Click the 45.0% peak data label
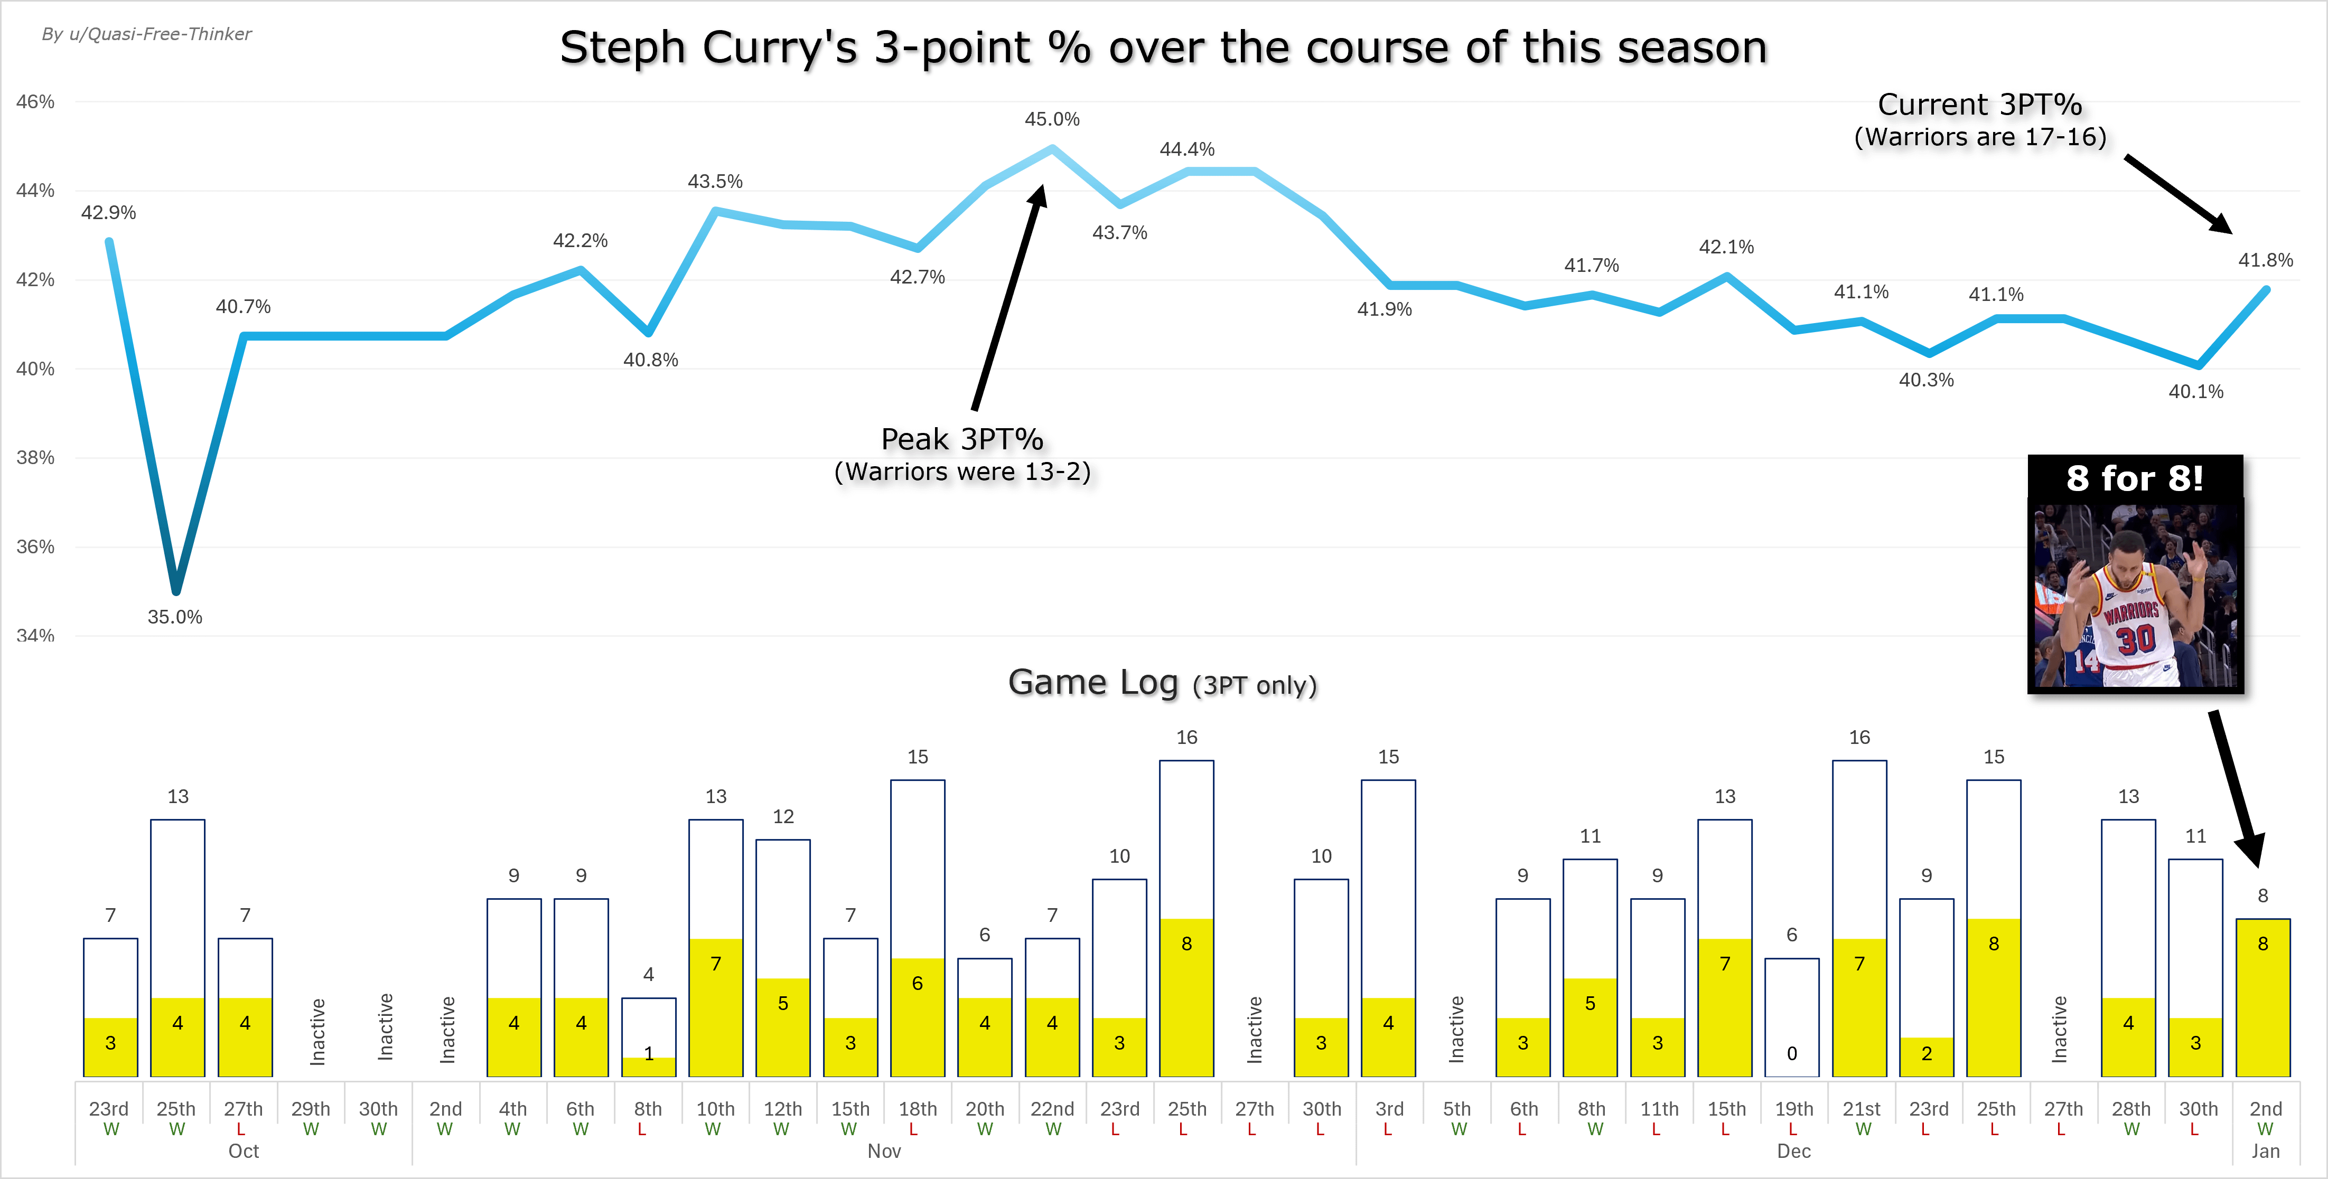(x=1051, y=119)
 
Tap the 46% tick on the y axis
(x=35, y=102)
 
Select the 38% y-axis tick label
(x=35, y=458)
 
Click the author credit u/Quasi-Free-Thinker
(x=146, y=34)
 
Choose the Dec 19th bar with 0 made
(x=1791, y=1017)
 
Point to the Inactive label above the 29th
(x=317, y=1032)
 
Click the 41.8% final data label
(x=2265, y=260)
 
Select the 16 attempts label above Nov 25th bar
(x=1186, y=738)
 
